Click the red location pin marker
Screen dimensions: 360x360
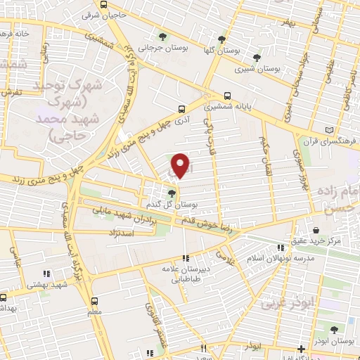(181, 165)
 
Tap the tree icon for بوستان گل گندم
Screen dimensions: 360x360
(172, 192)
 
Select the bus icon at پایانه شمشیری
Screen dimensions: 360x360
(226, 97)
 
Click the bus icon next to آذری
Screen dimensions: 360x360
(182, 109)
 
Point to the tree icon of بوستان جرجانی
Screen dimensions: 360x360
(163, 37)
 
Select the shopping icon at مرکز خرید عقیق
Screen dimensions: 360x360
(316, 230)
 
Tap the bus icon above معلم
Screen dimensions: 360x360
(95, 298)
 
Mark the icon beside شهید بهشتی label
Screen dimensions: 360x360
(47, 274)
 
